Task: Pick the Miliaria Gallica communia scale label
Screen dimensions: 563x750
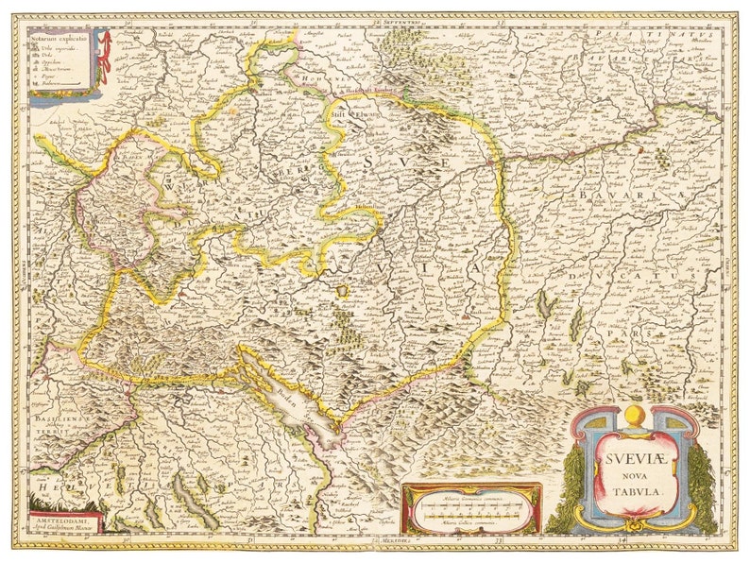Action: click(469, 522)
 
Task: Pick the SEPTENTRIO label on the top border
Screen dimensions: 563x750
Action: click(395, 20)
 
